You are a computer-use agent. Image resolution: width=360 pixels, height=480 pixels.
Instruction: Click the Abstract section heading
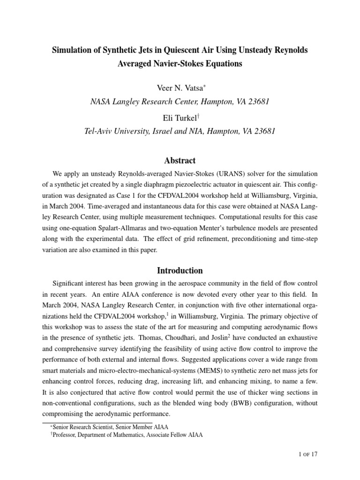tap(180, 160)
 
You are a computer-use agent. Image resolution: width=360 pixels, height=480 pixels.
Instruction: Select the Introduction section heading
tap(180, 270)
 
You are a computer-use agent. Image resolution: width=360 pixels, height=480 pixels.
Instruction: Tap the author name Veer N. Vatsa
tap(179, 89)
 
